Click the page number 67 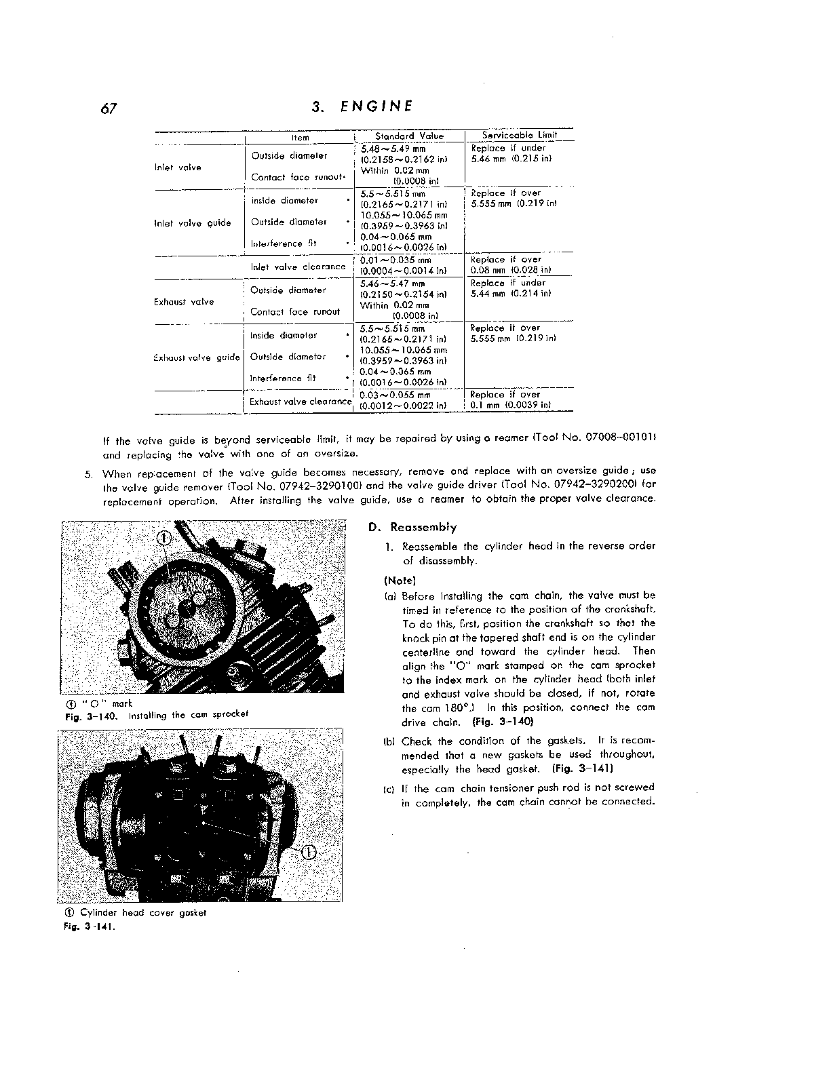point(110,109)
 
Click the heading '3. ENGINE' point(362,106)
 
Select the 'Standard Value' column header point(409,136)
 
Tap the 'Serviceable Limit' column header point(519,135)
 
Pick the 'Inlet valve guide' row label point(193,223)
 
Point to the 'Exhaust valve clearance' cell point(301,402)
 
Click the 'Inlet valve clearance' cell point(298,267)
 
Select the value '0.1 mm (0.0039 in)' point(511,405)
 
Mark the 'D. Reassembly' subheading point(412,527)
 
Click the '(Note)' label point(400,581)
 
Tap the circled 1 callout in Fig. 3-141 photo point(307,853)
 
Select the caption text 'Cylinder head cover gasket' point(143,912)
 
